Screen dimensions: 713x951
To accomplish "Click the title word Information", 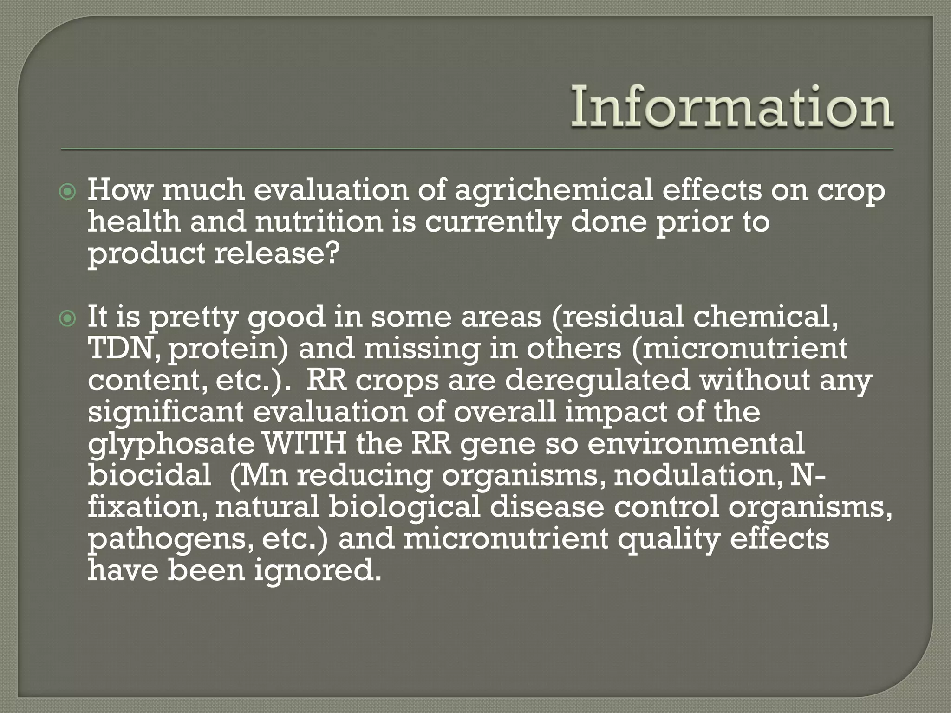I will point(732,108).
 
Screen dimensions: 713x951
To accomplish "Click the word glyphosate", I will point(171,445).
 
